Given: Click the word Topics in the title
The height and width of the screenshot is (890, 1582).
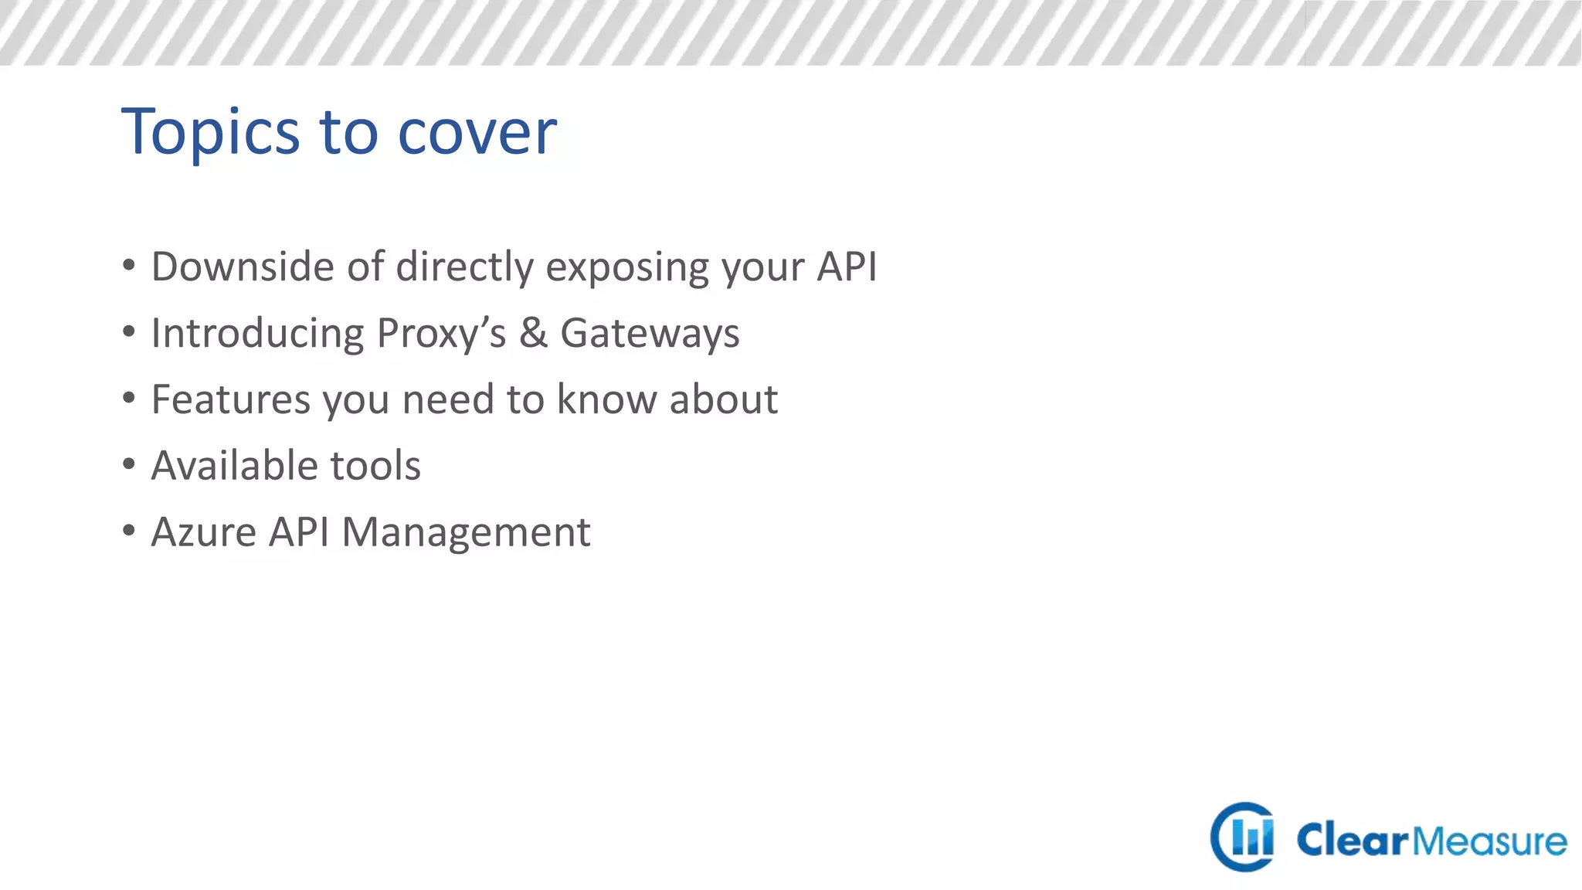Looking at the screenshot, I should click(210, 133).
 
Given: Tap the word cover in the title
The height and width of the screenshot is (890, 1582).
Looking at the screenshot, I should click(477, 133).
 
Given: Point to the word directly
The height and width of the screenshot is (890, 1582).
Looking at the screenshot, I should click(464, 268).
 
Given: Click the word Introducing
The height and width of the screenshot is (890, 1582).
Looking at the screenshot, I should click(257, 334).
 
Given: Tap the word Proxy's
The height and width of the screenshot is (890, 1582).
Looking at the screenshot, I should click(441, 334).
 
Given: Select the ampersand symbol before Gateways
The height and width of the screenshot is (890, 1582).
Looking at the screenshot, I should click(533, 333).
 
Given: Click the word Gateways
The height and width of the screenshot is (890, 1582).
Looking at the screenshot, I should click(650, 334).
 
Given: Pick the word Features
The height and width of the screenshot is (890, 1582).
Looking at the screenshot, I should click(230, 399).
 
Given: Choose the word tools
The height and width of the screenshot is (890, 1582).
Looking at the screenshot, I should click(375, 466).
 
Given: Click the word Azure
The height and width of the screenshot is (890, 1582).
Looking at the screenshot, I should click(203, 532).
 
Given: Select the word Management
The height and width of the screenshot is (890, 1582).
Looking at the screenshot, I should click(466, 532).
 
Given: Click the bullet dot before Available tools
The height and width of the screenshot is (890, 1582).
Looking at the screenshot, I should click(129, 464).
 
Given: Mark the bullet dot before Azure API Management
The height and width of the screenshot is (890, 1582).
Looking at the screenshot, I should click(129, 531).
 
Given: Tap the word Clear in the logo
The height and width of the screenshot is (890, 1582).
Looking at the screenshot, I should click(1353, 841).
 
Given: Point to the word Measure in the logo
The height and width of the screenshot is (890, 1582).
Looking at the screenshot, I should click(1489, 841).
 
